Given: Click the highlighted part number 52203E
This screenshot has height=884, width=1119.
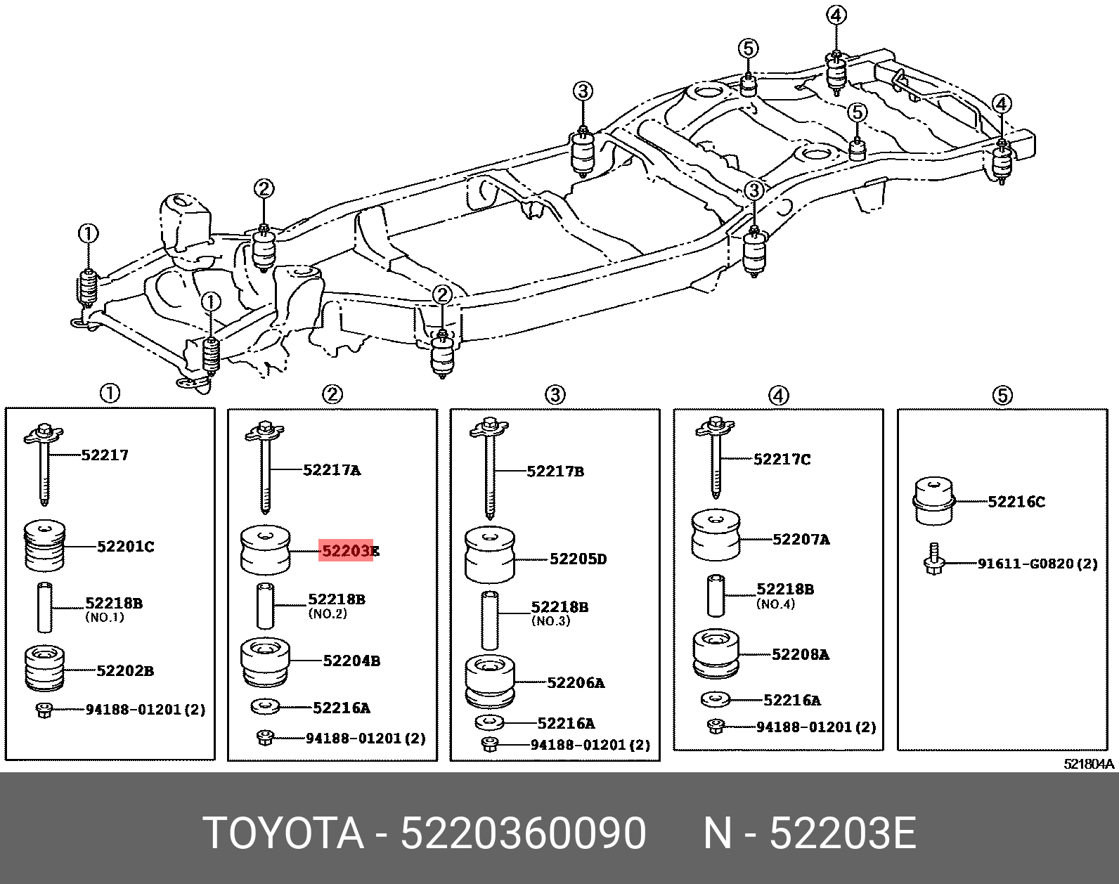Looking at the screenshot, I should click(349, 551).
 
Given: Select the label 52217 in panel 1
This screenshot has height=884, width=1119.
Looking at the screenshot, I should click(105, 455).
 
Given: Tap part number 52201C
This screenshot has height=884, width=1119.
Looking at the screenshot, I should click(125, 547).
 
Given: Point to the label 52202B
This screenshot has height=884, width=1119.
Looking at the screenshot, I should click(125, 671).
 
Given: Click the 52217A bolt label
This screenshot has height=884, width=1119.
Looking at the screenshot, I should click(332, 470).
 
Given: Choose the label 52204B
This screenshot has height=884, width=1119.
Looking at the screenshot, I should click(351, 661).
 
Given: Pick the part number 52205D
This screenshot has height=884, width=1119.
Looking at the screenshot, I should click(578, 559).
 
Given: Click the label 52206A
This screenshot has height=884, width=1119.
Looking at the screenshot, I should click(576, 683).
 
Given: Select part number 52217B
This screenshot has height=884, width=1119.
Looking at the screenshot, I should click(555, 472).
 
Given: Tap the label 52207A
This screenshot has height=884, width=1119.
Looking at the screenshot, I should click(801, 540).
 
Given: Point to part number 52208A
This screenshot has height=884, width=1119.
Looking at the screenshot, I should click(800, 655).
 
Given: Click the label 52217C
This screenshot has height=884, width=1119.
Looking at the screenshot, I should click(782, 460).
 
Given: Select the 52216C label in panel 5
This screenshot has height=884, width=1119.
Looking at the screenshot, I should click(1016, 502).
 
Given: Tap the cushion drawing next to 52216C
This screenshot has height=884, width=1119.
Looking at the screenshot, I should click(933, 501).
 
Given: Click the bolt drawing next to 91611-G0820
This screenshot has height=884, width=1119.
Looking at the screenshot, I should click(933, 560).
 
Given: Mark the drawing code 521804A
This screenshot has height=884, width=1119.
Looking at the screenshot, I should click(1088, 764).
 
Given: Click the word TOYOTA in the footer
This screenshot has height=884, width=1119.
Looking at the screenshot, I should click(283, 833).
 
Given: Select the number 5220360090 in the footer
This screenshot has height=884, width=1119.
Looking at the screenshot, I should click(523, 833).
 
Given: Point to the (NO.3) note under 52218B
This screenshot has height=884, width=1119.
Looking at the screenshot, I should click(550, 621).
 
